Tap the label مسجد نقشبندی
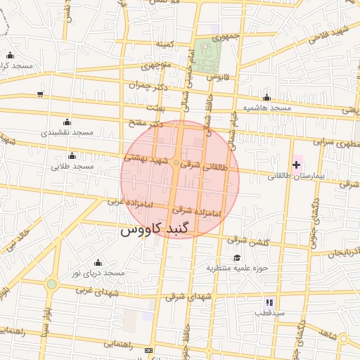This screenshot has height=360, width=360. click(67, 132)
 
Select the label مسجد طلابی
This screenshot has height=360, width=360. click(72, 167)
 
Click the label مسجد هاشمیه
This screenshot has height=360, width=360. click(267, 108)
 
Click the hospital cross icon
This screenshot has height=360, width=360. click(296, 165)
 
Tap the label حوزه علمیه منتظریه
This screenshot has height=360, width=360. click(238, 268)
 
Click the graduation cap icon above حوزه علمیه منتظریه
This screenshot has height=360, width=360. click(237, 257)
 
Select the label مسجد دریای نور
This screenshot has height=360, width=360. click(98, 272)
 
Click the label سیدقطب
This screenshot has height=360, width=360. click(269, 311)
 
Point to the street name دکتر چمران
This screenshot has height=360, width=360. click(150, 85)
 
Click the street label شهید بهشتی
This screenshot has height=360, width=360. click(147, 159)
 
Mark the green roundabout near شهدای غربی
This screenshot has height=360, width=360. click(51, 284)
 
